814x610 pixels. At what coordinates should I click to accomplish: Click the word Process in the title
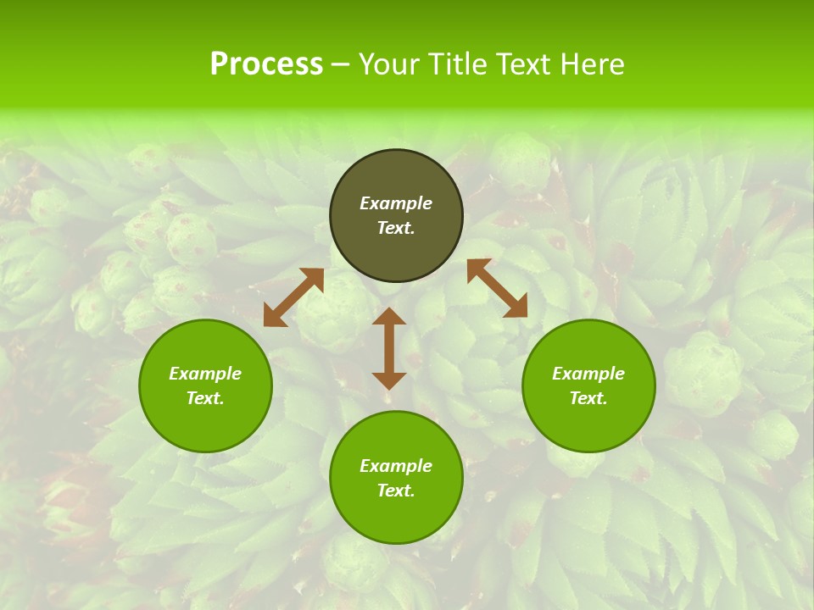click(x=266, y=64)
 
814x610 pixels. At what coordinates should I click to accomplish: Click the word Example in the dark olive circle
click(x=396, y=203)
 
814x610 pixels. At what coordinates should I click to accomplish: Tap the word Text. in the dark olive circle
click(x=396, y=228)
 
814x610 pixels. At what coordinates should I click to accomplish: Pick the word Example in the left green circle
click(x=205, y=374)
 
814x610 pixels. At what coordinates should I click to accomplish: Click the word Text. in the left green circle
click(x=205, y=398)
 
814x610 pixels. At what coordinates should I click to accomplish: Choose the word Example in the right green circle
click(x=588, y=374)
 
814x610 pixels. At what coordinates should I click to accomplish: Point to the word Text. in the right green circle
click(x=588, y=398)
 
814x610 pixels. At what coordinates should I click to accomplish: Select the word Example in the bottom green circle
click(x=396, y=466)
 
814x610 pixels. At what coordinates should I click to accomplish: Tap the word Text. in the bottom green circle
click(x=396, y=491)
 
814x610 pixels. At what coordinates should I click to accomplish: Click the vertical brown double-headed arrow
click(x=389, y=348)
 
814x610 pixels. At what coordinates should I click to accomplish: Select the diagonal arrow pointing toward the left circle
click(x=293, y=297)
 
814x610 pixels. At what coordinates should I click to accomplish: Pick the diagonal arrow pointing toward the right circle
click(x=497, y=288)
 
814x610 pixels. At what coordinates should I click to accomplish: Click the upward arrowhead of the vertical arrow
click(x=389, y=317)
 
